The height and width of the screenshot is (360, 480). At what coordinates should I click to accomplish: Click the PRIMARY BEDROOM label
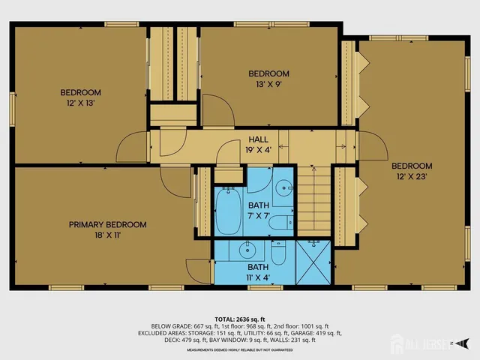click(107, 224)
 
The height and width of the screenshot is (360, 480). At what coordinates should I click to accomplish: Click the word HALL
click(258, 139)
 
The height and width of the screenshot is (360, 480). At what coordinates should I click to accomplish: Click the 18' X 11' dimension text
click(107, 234)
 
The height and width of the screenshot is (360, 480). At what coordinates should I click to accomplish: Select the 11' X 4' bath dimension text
click(258, 276)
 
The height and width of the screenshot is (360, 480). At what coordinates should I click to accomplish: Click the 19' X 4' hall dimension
click(258, 149)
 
